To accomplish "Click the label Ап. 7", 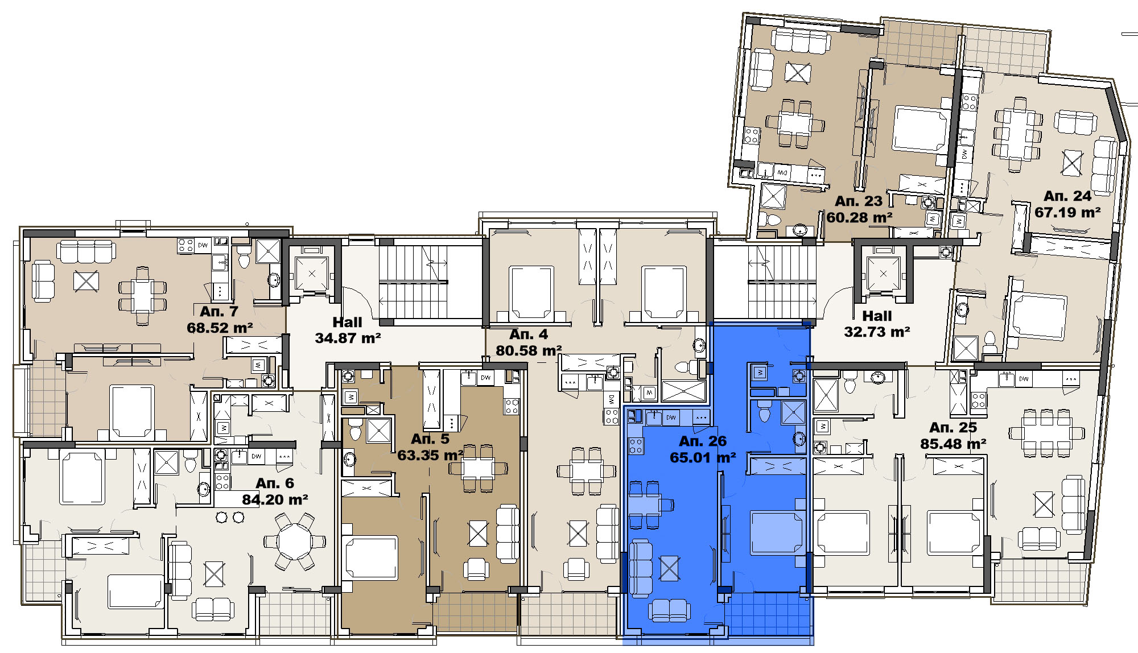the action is (x=219, y=312).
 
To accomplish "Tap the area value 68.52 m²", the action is (x=220, y=328).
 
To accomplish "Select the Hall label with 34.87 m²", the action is (x=347, y=323).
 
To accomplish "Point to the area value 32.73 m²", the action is (x=877, y=332).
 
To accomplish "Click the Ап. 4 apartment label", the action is (x=529, y=334).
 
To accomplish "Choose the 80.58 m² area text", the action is (x=529, y=350).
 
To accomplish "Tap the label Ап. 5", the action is (x=430, y=439).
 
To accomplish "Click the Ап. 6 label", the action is (x=275, y=483).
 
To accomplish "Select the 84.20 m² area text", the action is (x=275, y=499).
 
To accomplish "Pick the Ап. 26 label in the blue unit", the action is (x=703, y=441).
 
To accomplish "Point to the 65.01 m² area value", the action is (x=703, y=457).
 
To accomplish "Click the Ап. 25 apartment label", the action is (x=953, y=428).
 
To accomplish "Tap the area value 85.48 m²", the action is (x=953, y=444).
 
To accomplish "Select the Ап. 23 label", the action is (x=859, y=201).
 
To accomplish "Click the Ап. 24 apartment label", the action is (x=1067, y=196).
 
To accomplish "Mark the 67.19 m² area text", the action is (x=1067, y=212).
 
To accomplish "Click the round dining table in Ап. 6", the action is (x=294, y=542).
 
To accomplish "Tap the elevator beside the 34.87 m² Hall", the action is (x=311, y=274).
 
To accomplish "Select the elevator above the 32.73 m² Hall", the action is (x=883, y=274).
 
